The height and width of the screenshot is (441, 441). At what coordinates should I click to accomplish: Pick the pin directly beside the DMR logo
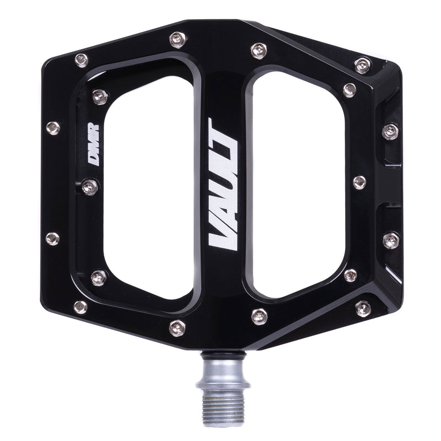pos(90,187)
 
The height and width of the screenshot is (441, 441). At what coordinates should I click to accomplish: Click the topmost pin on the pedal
pos(176,39)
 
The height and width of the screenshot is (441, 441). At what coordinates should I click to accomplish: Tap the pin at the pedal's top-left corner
pos(81,59)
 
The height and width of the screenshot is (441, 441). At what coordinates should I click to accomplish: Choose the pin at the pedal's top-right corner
pos(362,66)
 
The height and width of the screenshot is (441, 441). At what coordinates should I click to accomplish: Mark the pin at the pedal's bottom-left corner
pos(81,306)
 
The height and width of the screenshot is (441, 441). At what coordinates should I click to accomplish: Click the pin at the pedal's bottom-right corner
pos(363,308)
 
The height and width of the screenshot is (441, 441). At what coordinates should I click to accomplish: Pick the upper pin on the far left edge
pos(52,128)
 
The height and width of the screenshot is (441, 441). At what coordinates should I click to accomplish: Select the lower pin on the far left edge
pos(52,239)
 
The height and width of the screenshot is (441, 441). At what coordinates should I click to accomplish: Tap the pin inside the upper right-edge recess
pos(390,131)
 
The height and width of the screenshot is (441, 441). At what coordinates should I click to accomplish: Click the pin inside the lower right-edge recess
pos(390,239)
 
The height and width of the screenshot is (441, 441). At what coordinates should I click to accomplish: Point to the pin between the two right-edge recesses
pos(359,182)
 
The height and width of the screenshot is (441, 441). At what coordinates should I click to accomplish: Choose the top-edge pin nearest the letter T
pos(259,51)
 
